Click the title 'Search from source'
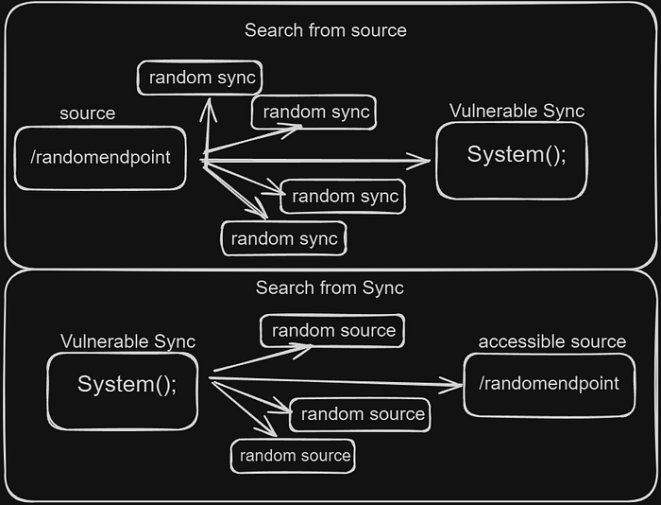[326, 30]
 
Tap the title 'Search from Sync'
[330, 288]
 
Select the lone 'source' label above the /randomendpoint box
[87, 113]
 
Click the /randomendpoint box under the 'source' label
[100, 158]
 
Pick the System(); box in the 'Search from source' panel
[512, 161]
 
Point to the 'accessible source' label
[551, 341]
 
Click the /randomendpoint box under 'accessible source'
[549, 385]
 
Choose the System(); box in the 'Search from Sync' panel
[122, 391]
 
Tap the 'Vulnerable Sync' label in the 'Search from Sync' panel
[127, 341]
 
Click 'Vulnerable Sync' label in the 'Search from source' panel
[517, 111]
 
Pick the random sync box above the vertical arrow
[199, 78]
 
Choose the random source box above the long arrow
[332, 331]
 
